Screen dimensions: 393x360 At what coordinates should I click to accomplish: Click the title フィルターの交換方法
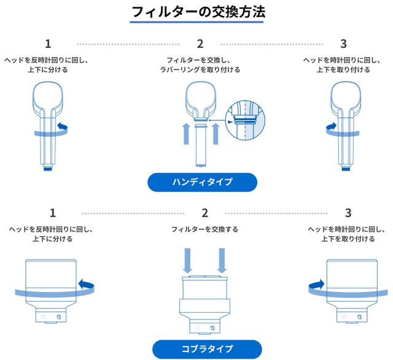click(x=198, y=12)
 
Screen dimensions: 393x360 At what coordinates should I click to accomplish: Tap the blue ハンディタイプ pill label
click(x=202, y=182)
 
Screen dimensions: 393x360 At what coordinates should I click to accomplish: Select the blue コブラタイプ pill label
click(x=207, y=349)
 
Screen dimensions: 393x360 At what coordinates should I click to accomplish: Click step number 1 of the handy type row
click(x=48, y=44)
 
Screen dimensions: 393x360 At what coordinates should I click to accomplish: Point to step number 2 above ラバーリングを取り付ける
click(x=200, y=44)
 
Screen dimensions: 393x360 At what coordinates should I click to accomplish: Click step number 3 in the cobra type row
click(x=348, y=213)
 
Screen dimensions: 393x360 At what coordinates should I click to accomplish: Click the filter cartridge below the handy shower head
click(x=201, y=146)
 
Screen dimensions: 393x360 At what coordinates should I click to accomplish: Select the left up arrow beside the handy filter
click(x=186, y=134)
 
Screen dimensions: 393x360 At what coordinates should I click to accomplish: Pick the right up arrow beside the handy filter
click(x=216, y=134)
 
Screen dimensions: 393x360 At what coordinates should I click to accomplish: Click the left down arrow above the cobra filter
click(x=187, y=261)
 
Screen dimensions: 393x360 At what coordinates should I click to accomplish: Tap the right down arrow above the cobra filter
click(x=222, y=261)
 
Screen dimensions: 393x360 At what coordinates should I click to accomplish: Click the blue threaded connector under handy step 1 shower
click(x=48, y=169)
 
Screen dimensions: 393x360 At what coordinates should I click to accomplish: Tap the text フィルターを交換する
click(x=204, y=229)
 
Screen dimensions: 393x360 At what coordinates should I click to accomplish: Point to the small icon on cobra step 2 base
click(x=212, y=328)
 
